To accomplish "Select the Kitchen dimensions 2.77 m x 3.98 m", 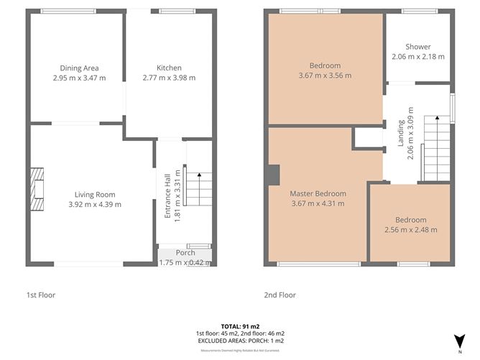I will (170, 78).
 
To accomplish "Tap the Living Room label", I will (95, 194).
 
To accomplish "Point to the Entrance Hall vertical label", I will (167, 197).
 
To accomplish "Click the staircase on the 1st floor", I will (199, 185).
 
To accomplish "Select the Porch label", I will (185, 252).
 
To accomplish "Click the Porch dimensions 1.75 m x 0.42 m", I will (185, 262).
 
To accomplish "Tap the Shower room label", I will (417, 47).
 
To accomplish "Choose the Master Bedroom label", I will (318, 194).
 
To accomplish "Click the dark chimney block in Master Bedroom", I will (274, 175).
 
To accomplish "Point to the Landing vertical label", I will (401, 133).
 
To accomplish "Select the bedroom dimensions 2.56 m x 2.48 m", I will (410, 230).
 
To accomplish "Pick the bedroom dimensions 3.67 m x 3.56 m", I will (325, 75).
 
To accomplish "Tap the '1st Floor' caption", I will (41, 295).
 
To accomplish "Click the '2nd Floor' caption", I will (280, 295).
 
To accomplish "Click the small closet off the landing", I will (369, 138).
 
